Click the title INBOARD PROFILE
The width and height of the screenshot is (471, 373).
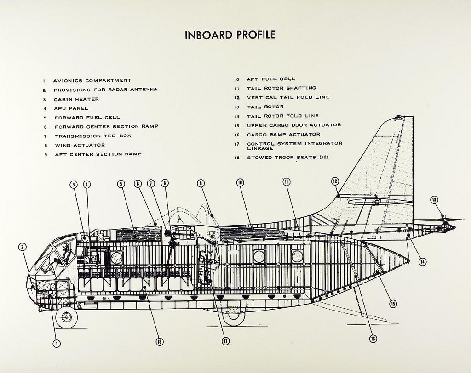tap(230, 35)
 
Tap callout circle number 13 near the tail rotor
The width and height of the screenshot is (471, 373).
tap(434, 199)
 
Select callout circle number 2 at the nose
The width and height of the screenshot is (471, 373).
tap(22, 247)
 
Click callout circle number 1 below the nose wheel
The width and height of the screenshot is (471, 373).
tap(57, 343)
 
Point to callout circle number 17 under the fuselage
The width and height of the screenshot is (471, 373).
tap(225, 341)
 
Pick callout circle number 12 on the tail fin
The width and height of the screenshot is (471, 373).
tap(335, 181)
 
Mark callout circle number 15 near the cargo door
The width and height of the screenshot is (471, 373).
tap(393, 304)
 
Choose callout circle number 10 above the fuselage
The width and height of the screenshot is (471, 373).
tap(240, 182)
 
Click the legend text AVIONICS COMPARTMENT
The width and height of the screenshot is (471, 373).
tap(92, 80)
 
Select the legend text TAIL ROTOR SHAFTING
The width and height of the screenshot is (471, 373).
tap(281, 88)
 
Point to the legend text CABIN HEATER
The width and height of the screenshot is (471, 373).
tap(76, 99)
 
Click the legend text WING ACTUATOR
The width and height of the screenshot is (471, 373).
tap(80, 145)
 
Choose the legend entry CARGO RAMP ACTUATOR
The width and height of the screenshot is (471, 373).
tap(283, 134)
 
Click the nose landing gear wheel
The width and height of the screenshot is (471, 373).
tap(66, 317)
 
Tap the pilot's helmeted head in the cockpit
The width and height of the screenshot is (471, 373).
tap(65, 247)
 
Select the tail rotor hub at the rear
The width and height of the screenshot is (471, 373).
tap(445, 220)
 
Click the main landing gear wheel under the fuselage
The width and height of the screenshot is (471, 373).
tap(233, 316)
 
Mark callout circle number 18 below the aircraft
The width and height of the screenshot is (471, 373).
tap(160, 341)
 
